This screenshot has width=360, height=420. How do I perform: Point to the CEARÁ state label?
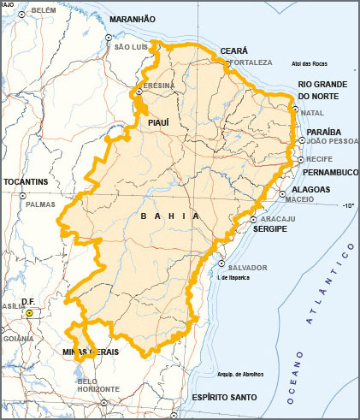coord(233,51)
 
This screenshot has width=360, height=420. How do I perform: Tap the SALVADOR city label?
coord(249,268)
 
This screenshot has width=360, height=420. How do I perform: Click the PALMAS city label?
coord(40,205)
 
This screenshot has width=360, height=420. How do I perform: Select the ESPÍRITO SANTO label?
coord(225,398)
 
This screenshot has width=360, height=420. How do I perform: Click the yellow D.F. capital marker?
coord(29,313)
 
